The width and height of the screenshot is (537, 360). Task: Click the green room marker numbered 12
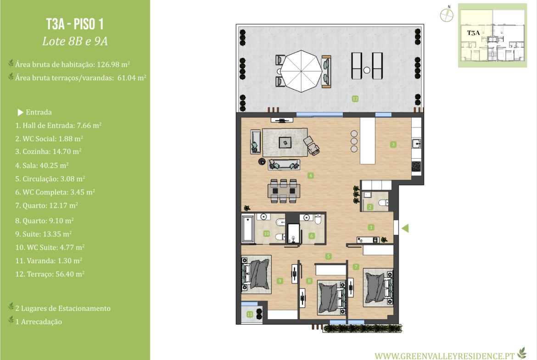355,99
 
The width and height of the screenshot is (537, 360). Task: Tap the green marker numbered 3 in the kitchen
393,144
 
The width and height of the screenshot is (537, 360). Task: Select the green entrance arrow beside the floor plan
405,228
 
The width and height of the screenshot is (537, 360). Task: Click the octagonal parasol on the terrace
301,71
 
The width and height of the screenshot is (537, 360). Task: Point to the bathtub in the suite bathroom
248,228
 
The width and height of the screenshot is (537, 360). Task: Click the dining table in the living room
284,191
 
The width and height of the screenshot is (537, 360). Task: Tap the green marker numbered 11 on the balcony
250,314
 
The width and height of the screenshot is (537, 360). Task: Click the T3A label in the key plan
474,33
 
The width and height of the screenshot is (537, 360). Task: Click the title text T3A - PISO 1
75,24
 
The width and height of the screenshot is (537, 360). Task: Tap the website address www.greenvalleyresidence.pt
445,356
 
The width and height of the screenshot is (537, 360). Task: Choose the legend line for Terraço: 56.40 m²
50,274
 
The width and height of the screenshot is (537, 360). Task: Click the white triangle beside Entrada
20,112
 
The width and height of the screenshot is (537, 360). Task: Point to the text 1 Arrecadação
39,321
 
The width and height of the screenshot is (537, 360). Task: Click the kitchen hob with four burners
416,166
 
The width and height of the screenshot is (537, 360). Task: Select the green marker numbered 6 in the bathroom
312,236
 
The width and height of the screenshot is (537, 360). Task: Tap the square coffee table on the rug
285,142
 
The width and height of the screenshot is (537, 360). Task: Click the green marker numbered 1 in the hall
371,227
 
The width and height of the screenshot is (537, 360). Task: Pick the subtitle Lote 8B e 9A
75,41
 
